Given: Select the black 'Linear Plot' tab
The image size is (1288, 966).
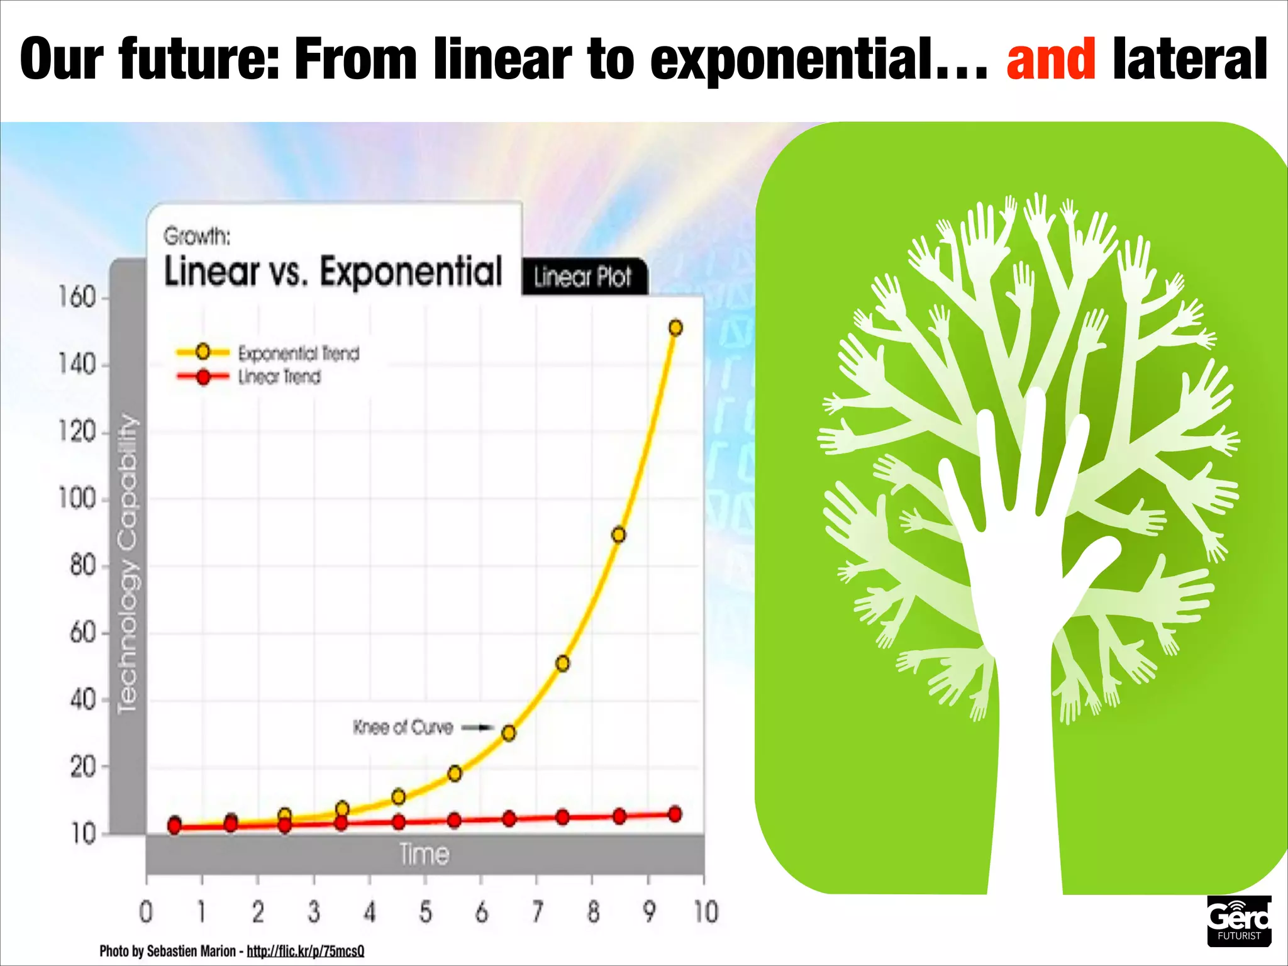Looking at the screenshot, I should click(582, 277).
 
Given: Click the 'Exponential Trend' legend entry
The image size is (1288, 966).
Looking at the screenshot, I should click(298, 353).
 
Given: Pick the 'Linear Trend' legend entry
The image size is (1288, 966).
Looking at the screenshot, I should click(279, 377).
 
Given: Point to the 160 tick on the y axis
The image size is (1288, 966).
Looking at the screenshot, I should click(77, 297).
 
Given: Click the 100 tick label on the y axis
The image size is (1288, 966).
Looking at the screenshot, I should click(77, 499).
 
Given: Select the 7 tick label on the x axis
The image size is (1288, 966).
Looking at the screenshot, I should click(537, 912).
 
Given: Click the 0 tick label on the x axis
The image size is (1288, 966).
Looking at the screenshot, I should click(146, 912).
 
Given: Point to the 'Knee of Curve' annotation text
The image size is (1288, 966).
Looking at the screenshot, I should click(402, 728).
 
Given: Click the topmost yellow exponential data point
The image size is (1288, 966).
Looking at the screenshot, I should click(675, 328).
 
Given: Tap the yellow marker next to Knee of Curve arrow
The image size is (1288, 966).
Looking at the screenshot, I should click(509, 733).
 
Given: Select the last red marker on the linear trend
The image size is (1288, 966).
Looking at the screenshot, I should click(675, 814).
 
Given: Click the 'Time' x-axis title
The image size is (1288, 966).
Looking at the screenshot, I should click(425, 855).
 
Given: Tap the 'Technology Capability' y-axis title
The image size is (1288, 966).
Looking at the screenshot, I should click(128, 563).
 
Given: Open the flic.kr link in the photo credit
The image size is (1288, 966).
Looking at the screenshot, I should click(305, 951).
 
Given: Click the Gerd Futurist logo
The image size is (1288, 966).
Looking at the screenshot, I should click(1238, 921).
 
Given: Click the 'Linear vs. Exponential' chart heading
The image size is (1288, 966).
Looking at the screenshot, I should click(333, 272).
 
